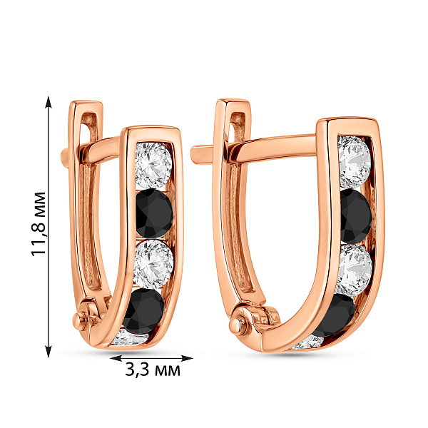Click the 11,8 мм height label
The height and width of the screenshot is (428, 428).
(x=39, y=224)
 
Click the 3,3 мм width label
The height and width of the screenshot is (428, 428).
(x=153, y=370)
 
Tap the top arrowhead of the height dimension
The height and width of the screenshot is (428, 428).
(x=49, y=102)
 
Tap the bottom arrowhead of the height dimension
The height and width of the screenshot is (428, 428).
(x=49, y=351)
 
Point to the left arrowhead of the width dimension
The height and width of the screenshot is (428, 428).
(x=116, y=358)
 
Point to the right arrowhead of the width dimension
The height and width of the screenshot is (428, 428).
(x=187, y=358)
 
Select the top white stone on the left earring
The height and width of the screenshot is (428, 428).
(x=153, y=165)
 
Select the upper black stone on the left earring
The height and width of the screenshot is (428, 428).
(x=154, y=213)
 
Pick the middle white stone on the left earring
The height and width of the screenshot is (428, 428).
(x=153, y=264)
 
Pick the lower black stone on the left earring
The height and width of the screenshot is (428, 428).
(x=144, y=311)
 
